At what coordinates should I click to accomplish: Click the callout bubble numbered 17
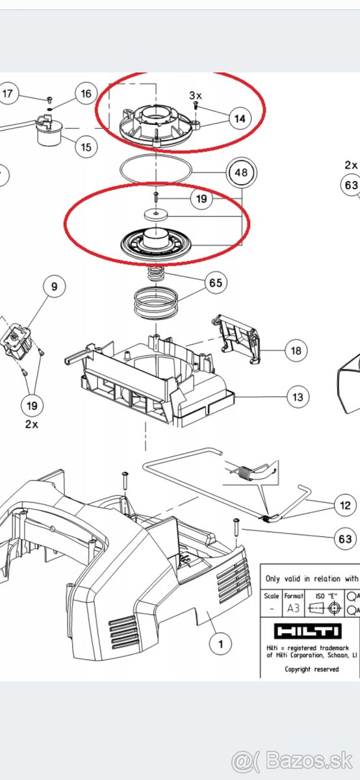pos(7,94)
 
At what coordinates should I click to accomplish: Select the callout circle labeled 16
pos(86,94)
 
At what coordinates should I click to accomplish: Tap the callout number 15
pos(86,147)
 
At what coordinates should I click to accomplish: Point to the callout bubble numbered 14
pos(240,118)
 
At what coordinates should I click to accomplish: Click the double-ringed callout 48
pos(241,173)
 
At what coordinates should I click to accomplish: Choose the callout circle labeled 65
pos(215,283)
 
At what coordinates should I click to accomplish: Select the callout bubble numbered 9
pos(55,286)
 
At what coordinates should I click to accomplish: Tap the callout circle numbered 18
pos(295,351)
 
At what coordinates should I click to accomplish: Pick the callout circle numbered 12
pos(345,504)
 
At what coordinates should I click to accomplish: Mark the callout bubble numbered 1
pos(221,644)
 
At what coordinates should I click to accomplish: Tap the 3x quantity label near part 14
pos(195,96)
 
